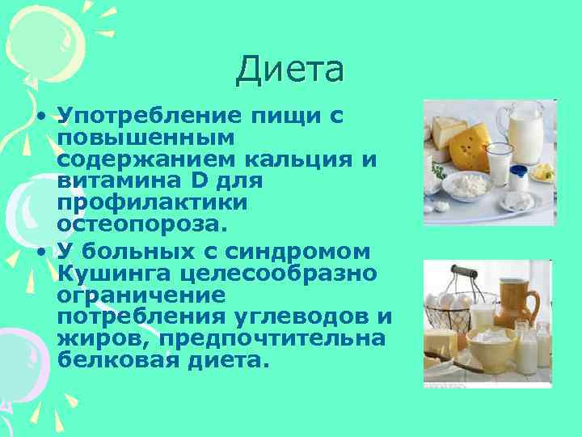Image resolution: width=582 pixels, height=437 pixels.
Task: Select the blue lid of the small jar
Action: point(519,172)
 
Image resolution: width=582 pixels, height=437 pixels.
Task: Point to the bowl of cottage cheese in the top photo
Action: point(469,185)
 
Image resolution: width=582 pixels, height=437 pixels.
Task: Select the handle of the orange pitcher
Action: point(533,306)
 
